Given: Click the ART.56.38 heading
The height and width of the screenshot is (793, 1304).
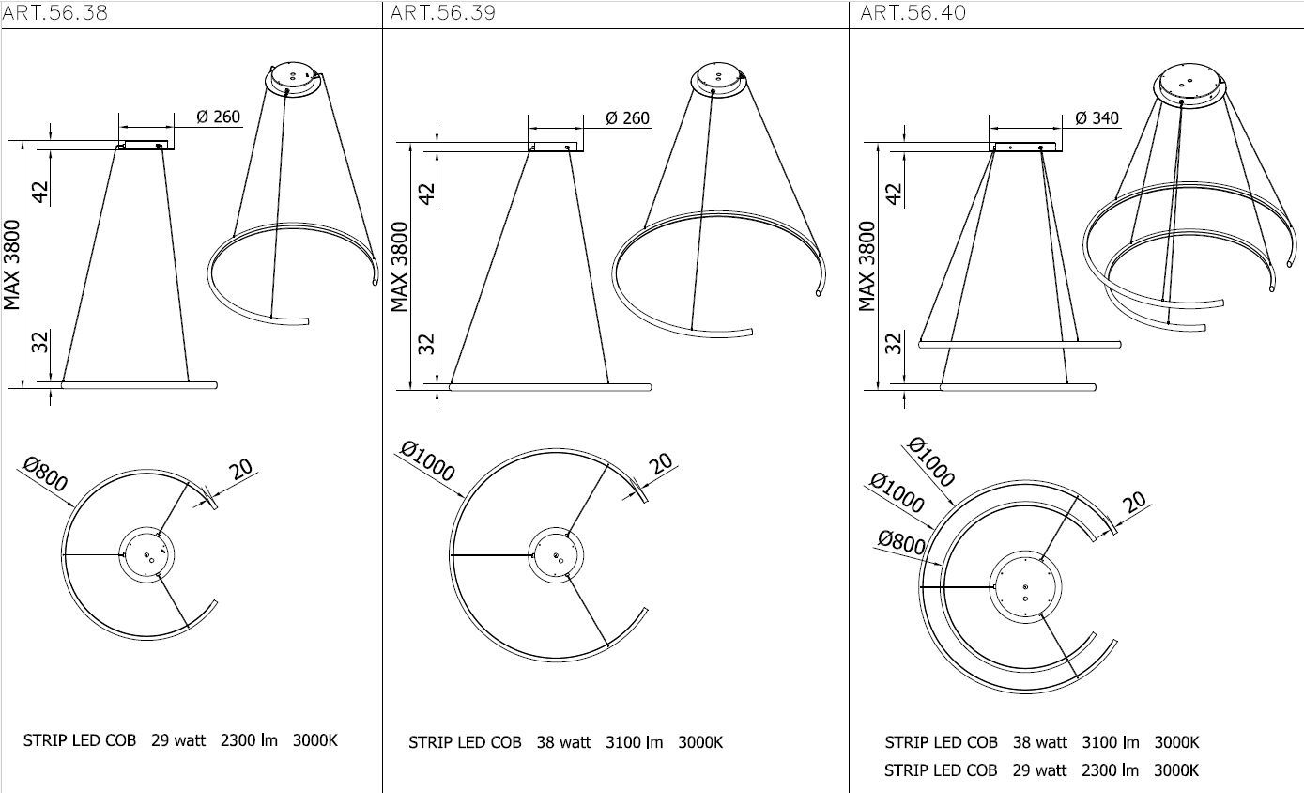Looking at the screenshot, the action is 54,13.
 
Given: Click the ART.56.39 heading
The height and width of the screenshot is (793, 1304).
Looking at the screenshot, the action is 442,13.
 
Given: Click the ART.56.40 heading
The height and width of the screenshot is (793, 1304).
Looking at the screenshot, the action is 913,13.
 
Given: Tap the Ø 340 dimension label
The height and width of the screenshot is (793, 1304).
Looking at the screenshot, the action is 1097,118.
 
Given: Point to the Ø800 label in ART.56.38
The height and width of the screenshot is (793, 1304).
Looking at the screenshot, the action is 46,474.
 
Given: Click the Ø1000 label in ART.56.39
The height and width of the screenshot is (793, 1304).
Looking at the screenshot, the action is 428,461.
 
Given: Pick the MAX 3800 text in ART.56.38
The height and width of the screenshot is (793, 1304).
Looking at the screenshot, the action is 12,265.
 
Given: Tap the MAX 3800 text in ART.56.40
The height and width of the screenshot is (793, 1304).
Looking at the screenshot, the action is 867,266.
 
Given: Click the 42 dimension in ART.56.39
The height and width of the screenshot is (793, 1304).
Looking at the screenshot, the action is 427,194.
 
